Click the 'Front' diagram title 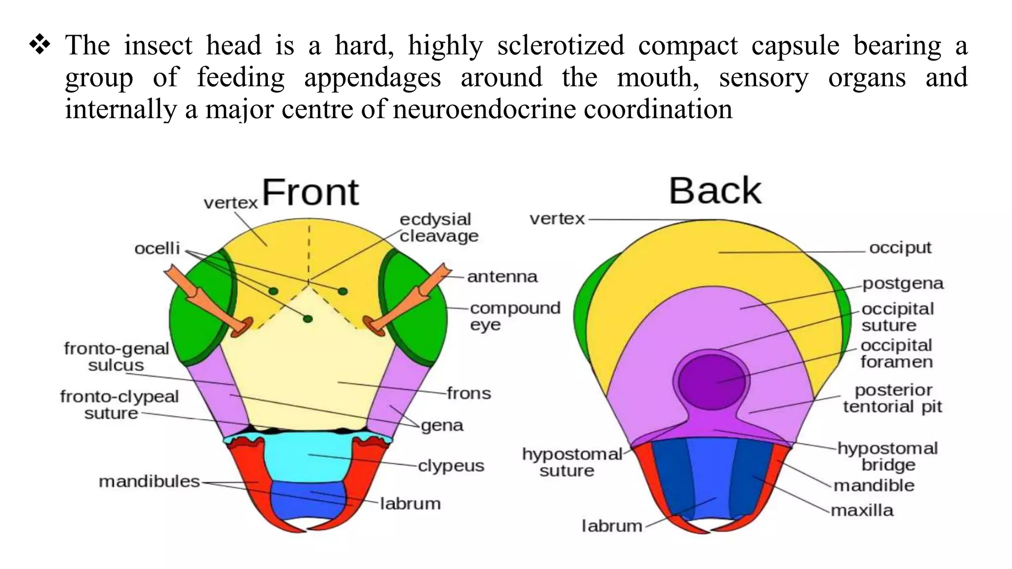click(310, 192)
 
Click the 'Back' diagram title click(715, 191)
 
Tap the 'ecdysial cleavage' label click(439, 228)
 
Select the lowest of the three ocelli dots click(308, 319)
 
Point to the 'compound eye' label click(514, 316)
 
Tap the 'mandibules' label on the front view click(149, 481)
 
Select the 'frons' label click(469, 394)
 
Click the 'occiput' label click(900, 247)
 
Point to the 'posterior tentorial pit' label click(892, 398)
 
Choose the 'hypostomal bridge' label click(887, 456)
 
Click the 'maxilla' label click(862, 510)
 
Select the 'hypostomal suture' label click(571, 462)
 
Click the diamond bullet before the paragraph click(40, 45)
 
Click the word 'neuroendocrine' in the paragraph click(484, 109)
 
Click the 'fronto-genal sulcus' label click(116, 357)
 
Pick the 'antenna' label click(502, 277)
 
